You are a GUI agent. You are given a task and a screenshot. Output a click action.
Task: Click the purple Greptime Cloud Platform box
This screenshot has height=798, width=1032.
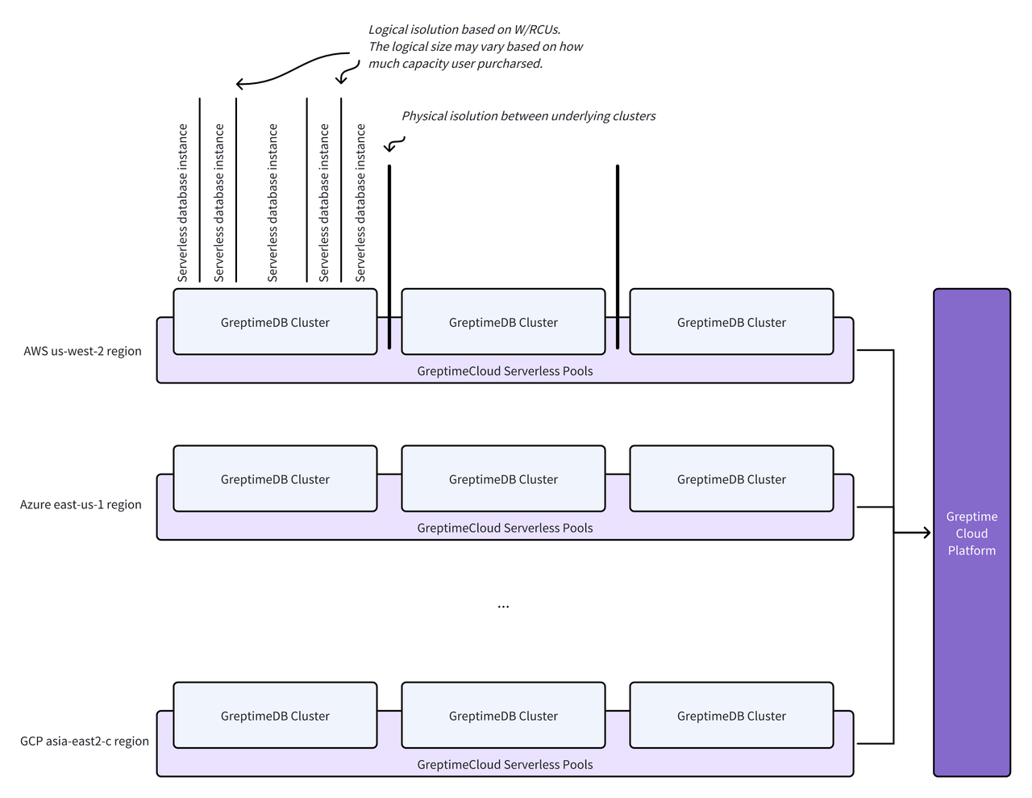tap(971, 533)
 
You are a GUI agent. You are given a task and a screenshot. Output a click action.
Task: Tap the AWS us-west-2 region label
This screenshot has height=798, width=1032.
tap(82, 351)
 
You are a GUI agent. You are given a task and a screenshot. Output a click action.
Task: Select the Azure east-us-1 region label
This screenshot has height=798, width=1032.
tap(81, 504)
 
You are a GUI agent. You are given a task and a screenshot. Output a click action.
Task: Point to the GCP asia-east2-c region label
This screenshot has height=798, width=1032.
tap(85, 741)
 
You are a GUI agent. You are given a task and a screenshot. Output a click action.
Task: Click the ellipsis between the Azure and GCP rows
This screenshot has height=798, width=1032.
tap(503, 606)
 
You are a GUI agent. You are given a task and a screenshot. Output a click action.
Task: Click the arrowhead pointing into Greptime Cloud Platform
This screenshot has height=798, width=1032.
tap(926, 533)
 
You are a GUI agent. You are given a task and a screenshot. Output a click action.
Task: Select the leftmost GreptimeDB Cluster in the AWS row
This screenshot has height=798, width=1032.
tap(275, 322)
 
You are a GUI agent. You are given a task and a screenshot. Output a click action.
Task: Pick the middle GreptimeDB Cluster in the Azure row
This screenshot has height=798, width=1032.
tap(503, 479)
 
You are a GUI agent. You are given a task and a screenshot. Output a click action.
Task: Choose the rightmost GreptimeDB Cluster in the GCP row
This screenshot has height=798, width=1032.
tap(731, 716)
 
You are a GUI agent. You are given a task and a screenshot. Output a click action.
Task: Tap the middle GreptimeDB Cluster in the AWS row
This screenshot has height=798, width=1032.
tap(503, 322)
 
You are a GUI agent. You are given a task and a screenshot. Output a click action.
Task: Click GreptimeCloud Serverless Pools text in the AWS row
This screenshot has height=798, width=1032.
tap(505, 371)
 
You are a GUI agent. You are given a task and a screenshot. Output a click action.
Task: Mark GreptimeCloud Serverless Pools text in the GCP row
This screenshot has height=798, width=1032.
tap(505, 764)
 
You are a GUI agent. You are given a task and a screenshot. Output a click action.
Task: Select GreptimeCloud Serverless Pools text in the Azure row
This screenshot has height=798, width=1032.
tap(505, 528)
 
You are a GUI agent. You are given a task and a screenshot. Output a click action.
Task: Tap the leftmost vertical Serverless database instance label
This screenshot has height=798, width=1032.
tap(183, 203)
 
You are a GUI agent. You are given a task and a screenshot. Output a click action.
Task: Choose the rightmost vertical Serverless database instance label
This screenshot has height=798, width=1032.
tap(360, 203)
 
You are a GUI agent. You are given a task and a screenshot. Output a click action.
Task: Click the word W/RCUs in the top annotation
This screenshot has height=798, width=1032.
tap(537, 30)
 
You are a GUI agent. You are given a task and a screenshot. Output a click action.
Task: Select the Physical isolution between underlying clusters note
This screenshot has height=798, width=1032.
tap(528, 116)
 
